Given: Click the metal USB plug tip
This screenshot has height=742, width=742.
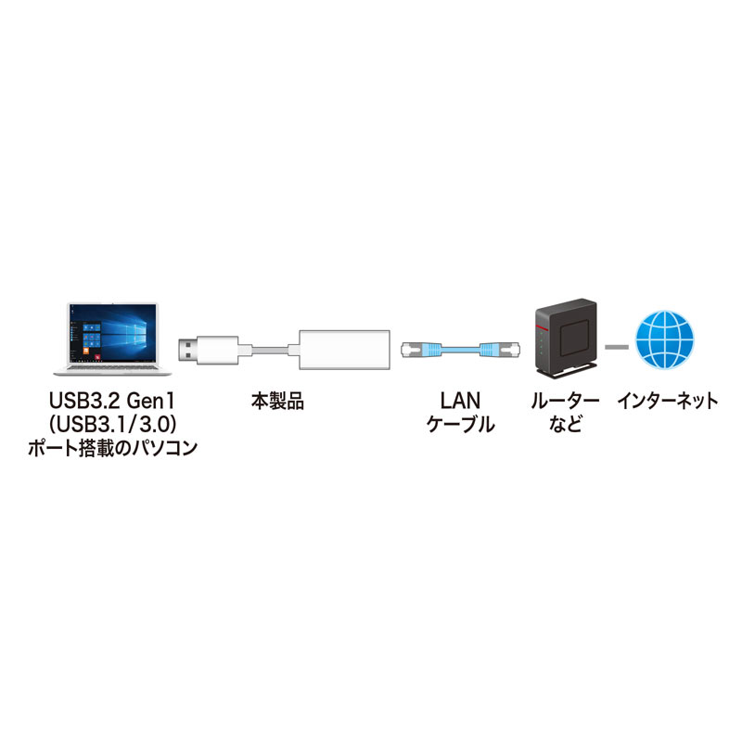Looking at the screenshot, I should coord(189,351).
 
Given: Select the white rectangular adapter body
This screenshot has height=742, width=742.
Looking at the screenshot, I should coord(341,351).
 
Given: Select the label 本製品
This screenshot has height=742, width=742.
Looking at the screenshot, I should coord(277,402).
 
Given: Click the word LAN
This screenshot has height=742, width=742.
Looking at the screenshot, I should coord(458,402).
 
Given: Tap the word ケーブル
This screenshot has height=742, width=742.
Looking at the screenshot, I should coord(458,426).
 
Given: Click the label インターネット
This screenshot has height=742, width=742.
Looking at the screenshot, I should coord(667,402).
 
